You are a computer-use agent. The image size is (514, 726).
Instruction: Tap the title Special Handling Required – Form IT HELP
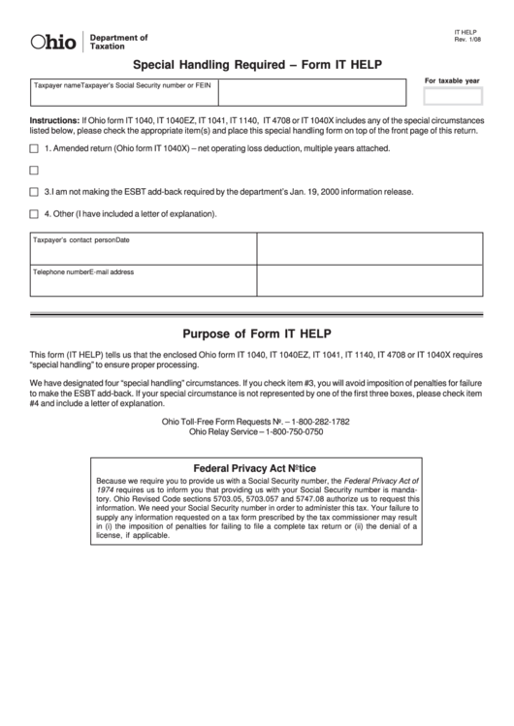coord(256,65)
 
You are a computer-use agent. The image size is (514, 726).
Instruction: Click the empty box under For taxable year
coord(452,95)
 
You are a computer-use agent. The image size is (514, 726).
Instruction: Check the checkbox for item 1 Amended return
coord(35,148)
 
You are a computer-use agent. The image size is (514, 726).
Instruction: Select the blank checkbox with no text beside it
coord(35,171)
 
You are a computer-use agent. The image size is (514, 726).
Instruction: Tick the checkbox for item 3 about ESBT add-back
coord(35,192)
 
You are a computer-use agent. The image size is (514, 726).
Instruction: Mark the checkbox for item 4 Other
coord(35,213)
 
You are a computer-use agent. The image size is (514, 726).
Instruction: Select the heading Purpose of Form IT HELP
coord(256,333)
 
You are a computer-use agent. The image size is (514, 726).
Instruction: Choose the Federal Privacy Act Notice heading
coord(255,466)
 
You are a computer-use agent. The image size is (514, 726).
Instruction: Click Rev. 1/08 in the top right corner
coord(466,41)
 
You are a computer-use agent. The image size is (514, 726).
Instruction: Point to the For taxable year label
coord(452,80)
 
